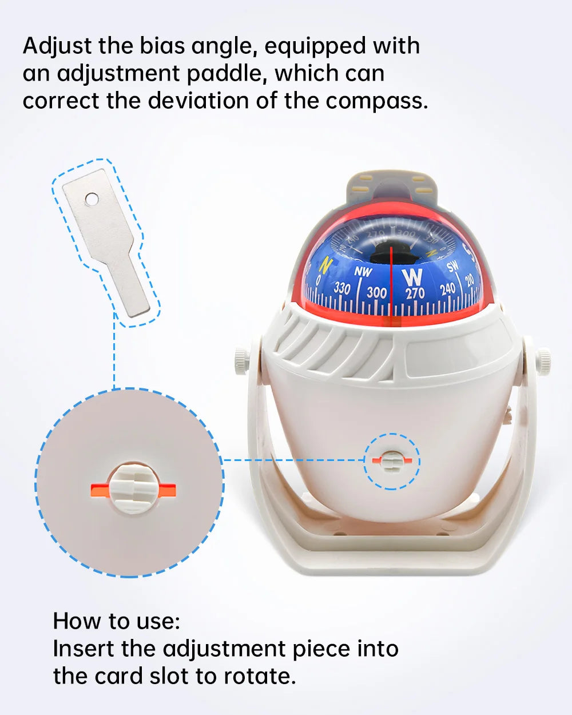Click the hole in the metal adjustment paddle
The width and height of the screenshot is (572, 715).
pos(92,200)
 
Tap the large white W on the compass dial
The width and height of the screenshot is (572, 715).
pos(412,277)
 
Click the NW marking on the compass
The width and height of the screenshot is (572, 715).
pos(363,272)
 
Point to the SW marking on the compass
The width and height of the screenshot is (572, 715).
pos(452,266)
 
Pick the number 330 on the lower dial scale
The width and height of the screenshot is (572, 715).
pos(341,288)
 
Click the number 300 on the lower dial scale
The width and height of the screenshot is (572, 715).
pos(376,292)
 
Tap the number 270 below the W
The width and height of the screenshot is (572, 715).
pos(415,293)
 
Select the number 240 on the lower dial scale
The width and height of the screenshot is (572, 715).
pos(448,288)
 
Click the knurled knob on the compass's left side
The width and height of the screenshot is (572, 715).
pos(241,360)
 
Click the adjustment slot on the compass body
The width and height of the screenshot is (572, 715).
pos(392,461)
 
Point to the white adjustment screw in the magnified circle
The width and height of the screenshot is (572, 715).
pos(133,489)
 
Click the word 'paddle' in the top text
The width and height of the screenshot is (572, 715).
pos(228,74)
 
